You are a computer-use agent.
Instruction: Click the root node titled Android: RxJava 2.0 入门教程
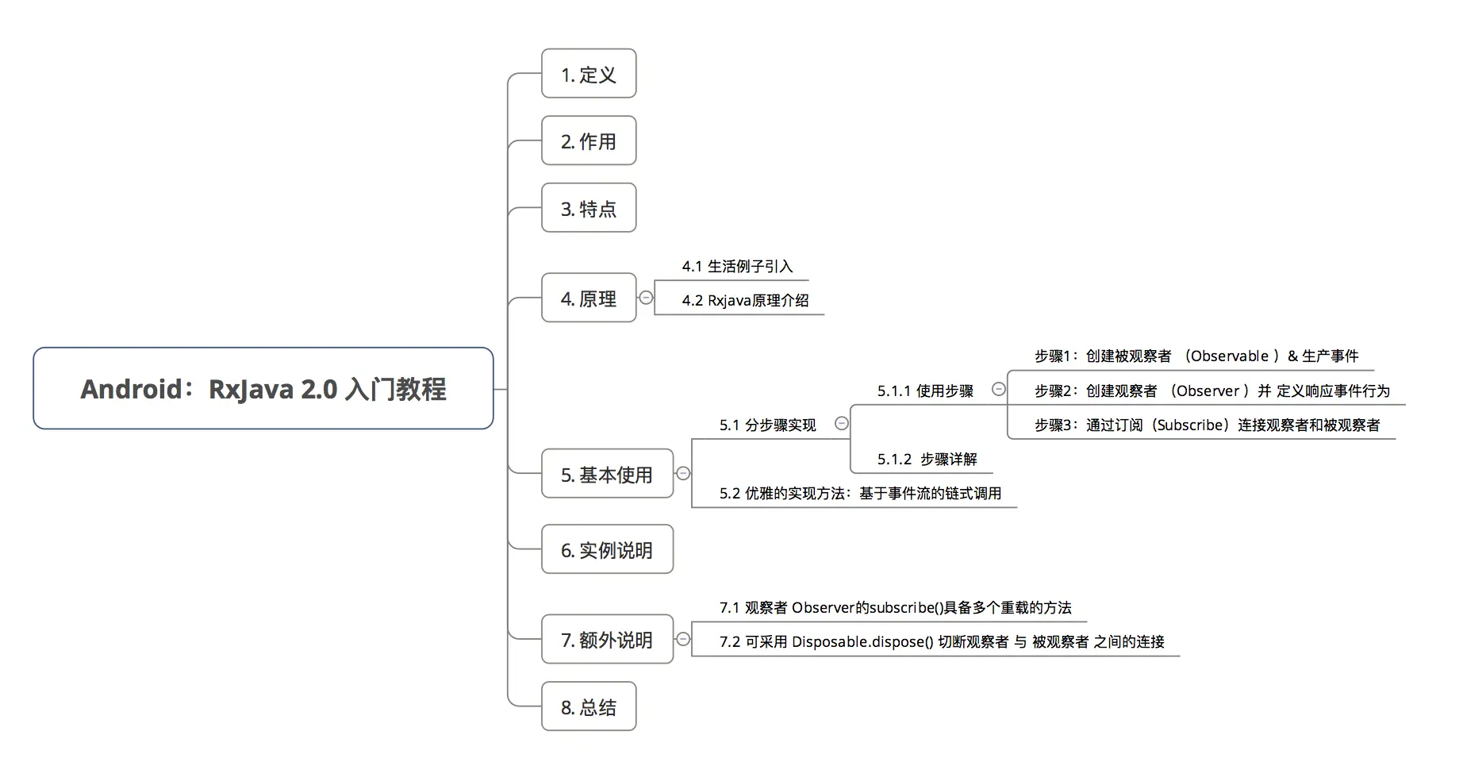click(263, 389)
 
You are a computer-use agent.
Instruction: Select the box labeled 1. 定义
click(589, 74)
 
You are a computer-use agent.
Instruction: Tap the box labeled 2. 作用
click(589, 141)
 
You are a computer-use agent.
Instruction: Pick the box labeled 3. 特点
click(589, 209)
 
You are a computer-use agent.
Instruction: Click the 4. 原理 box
click(589, 298)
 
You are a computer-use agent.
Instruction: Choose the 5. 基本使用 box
click(607, 475)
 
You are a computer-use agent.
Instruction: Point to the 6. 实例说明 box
click(607, 549)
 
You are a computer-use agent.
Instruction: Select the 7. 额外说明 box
click(607, 640)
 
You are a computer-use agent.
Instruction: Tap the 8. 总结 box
click(589, 706)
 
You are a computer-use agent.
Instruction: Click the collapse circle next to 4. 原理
click(647, 298)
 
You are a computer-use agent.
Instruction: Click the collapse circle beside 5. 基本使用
click(683, 474)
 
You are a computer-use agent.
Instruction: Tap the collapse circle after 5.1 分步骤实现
click(842, 424)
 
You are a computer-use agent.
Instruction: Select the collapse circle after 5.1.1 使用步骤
click(999, 389)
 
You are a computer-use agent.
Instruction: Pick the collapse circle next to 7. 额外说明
click(683, 639)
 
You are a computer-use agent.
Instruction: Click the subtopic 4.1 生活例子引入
click(737, 267)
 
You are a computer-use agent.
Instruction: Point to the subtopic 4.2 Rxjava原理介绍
click(745, 301)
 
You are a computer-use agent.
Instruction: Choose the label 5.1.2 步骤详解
click(927, 460)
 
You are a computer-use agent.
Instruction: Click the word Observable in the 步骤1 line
click(1229, 356)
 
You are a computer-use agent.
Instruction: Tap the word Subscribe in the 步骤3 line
click(1190, 425)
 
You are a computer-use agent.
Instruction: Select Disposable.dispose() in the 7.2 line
click(862, 642)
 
